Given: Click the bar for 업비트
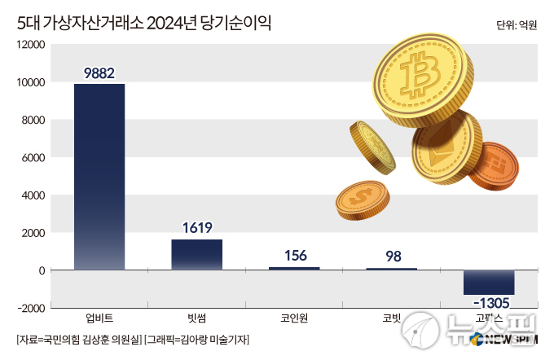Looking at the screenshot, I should (x=99, y=177).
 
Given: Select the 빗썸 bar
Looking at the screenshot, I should (x=196, y=254).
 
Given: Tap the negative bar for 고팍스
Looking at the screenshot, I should (x=489, y=282).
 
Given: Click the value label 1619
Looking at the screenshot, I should (x=196, y=229).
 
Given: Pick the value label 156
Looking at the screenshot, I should (x=294, y=256).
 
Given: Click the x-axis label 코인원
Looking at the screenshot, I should (x=294, y=318).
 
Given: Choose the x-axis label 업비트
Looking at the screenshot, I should (x=99, y=318).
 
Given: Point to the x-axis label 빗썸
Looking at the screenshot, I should (x=196, y=318).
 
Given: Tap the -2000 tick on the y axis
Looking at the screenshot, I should (x=30, y=308).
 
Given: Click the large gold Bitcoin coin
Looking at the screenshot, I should (x=420, y=77).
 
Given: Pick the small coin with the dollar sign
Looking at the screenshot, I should (x=363, y=199).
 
